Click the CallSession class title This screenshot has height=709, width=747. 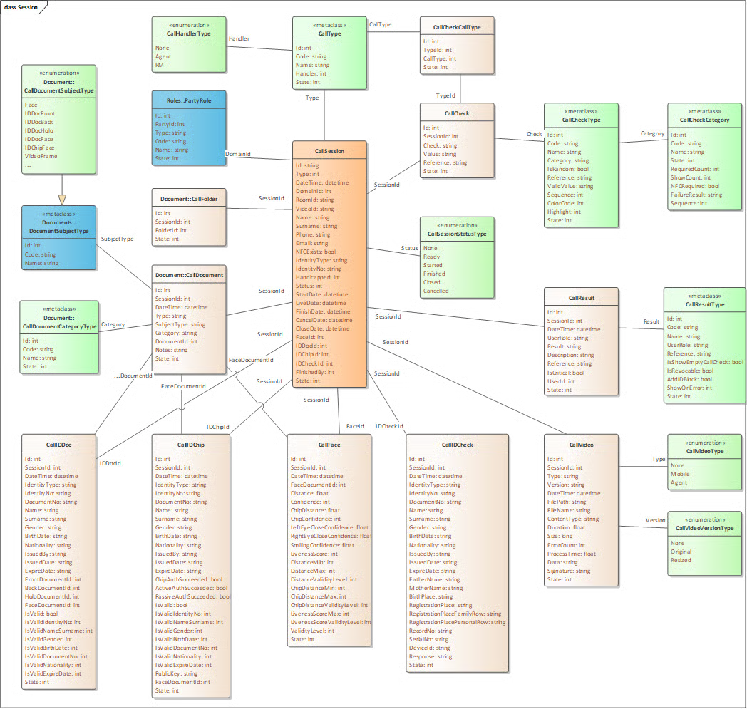[x=329, y=151]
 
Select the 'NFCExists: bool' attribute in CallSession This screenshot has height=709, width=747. [x=315, y=252]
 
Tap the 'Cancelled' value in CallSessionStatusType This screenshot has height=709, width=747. [x=436, y=291]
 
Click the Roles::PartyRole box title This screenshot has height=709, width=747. [x=189, y=100]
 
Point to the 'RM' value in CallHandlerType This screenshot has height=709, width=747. [x=159, y=65]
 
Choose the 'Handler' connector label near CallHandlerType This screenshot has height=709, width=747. [x=239, y=38]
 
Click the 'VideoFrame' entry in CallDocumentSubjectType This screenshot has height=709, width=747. [x=41, y=156]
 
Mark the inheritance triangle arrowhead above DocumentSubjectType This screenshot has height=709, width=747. [x=62, y=200]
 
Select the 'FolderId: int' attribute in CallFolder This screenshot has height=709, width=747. [x=171, y=230]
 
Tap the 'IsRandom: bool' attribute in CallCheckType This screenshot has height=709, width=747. [x=568, y=169]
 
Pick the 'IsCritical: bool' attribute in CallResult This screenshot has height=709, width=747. [x=565, y=373]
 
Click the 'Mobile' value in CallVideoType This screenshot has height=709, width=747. [x=680, y=474]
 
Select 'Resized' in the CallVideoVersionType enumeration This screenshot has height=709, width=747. [x=680, y=560]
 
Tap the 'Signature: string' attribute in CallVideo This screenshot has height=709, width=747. [x=568, y=571]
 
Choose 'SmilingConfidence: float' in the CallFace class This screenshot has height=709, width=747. [x=322, y=544]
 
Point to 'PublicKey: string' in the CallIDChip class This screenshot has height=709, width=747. [x=176, y=673]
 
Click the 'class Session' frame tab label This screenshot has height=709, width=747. [x=21, y=7]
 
